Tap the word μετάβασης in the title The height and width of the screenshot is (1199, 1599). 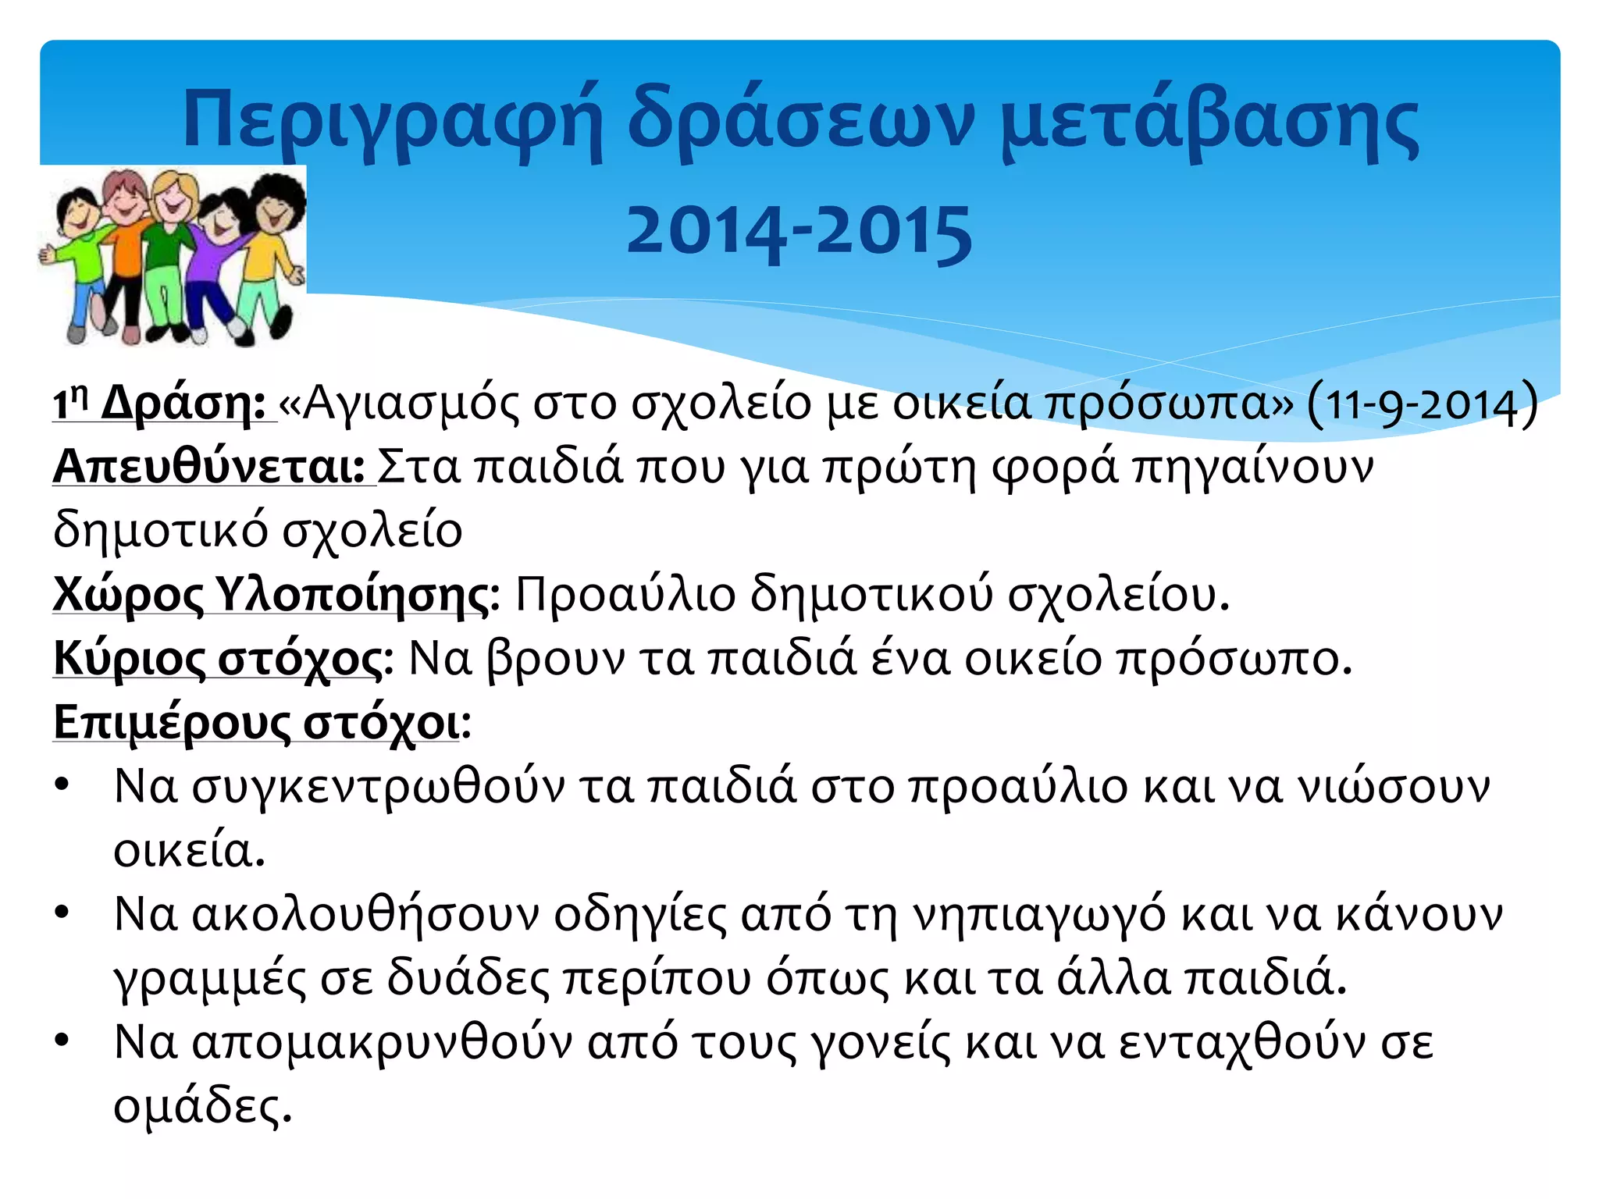tap(1209, 121)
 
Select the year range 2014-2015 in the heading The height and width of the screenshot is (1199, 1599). tap(799, 231)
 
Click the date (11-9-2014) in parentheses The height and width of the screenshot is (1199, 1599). tap(1421, 404)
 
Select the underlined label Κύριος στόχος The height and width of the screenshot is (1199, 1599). tap(219, 659)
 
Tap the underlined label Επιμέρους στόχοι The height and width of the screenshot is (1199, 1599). tap(257, 722)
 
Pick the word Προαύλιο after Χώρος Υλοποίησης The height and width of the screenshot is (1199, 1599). tap(625, 595)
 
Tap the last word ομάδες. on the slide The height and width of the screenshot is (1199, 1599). tap(202, 1106)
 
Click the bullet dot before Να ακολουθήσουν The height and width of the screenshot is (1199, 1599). tap(62, 913)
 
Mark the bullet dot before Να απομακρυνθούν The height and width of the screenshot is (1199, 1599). tap(62, 1041)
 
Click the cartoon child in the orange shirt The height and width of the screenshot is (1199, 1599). tap(125, 250)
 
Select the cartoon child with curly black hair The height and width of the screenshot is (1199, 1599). tap(273, 234)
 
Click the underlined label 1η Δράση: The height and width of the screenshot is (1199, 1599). tap(160, 404)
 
